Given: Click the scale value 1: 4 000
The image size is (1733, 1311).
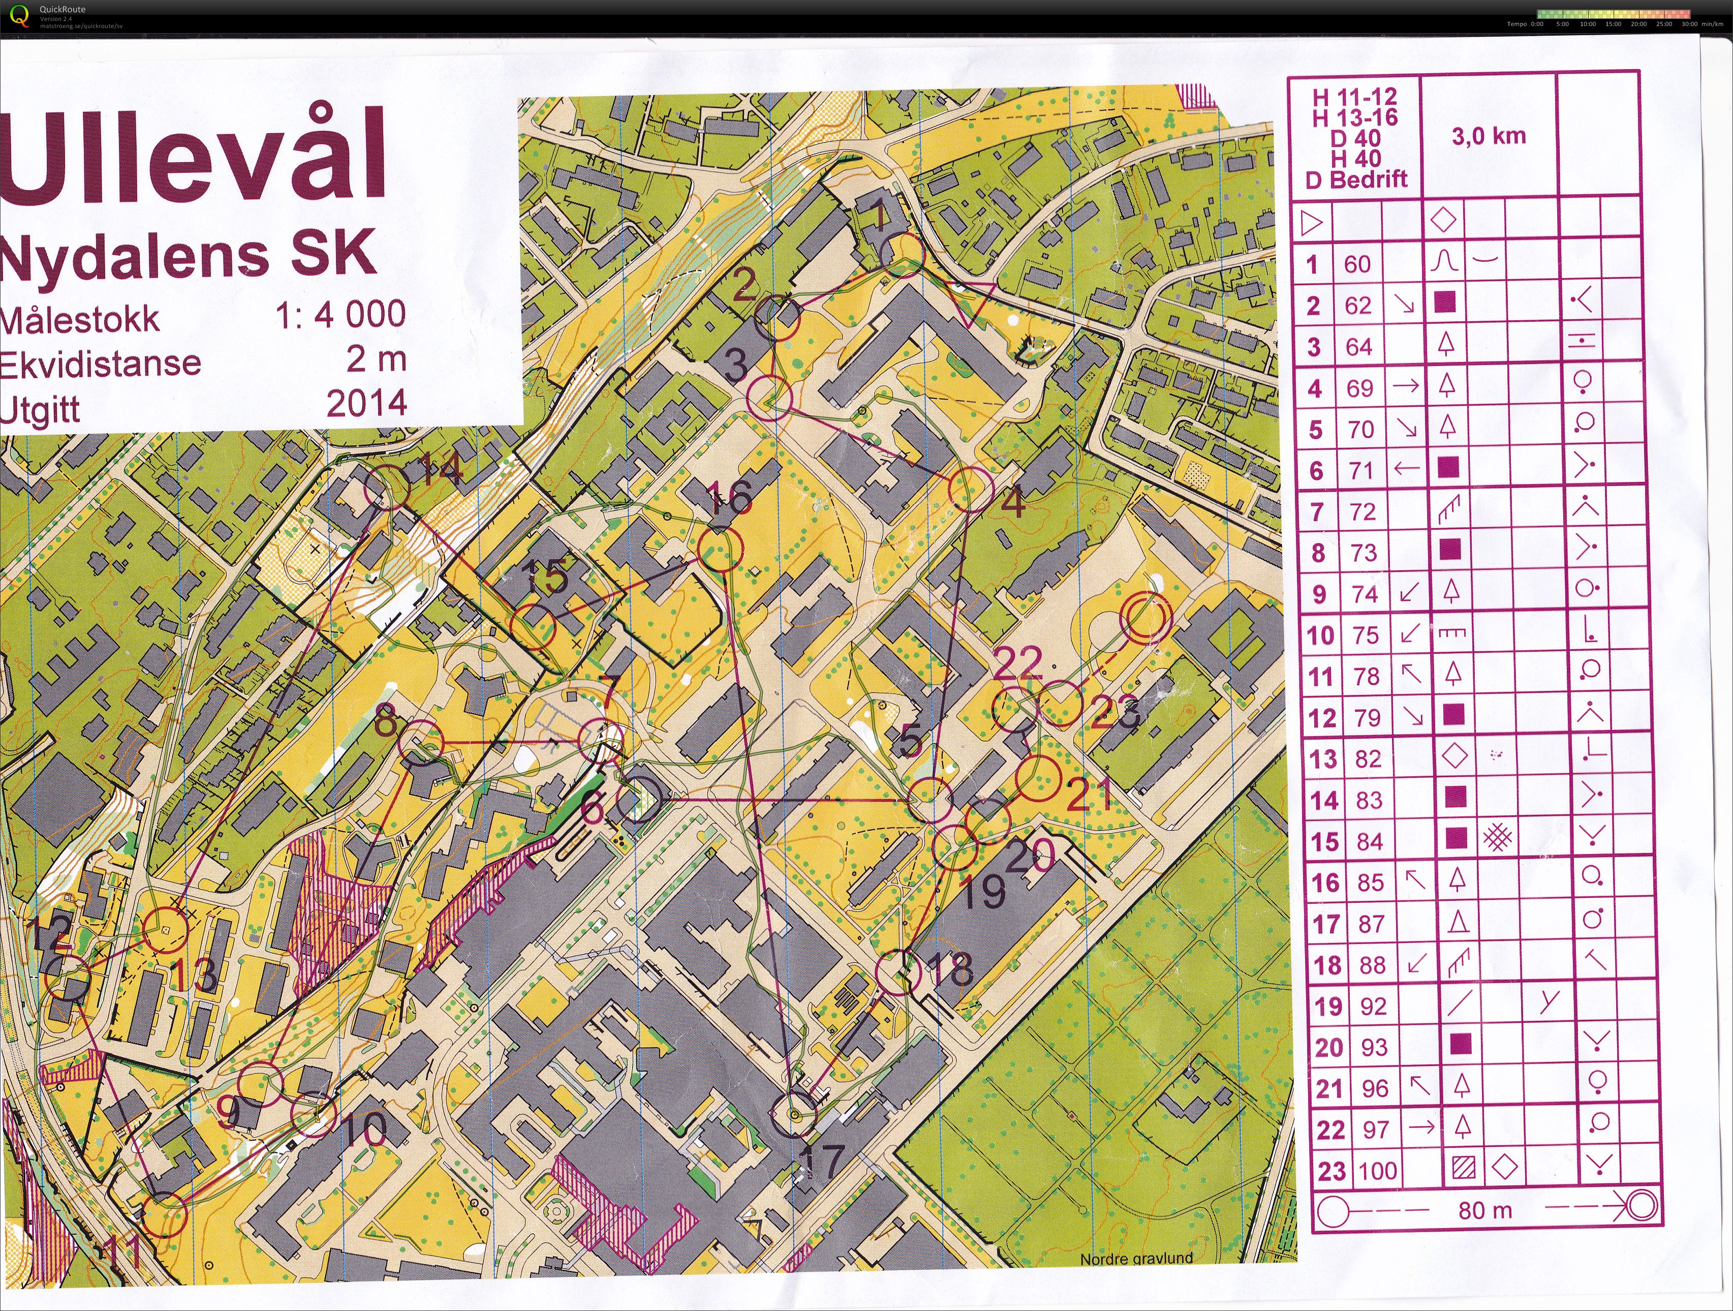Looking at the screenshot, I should (x=340, y=315).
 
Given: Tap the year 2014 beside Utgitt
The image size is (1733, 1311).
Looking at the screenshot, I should (x=366, y=404).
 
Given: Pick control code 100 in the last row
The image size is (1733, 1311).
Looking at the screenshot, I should (x=1377, y=1171).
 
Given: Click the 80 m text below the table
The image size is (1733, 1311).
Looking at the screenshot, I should (x=1484, y=1211).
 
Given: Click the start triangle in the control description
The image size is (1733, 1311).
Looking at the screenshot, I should (x=1311, y=223).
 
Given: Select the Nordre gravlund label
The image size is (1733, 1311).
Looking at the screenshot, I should (x=1135, y=1259).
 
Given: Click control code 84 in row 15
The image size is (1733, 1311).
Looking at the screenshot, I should (x=1370, y=842).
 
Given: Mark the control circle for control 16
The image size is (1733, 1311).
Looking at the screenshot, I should (x=720, y=548).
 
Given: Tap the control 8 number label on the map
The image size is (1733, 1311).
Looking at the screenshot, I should (x=385, y=719).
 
